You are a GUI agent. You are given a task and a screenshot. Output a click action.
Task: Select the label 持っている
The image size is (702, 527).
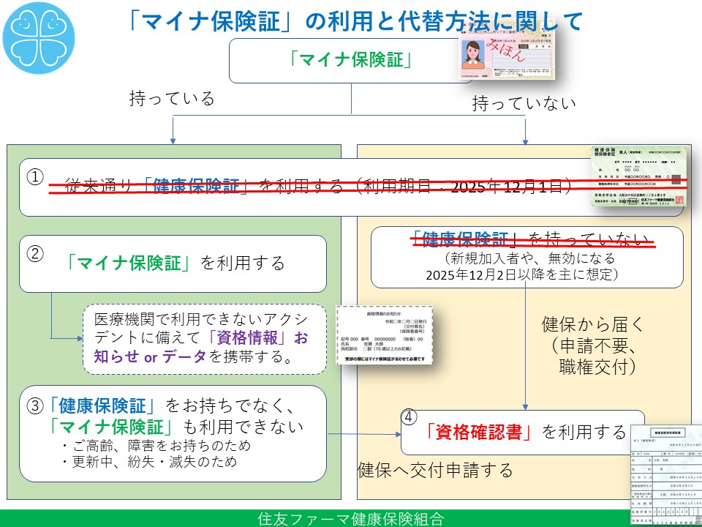(173, 99)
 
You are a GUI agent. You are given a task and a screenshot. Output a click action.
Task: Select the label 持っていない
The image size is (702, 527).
(524, 103)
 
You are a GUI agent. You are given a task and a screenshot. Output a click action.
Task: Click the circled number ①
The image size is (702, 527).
(35, 178)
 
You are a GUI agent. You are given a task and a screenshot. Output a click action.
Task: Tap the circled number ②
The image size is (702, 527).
(35, 253)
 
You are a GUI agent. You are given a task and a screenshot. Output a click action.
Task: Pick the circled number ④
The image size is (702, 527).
(410, 416)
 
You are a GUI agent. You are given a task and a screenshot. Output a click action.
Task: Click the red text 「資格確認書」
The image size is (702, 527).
(480, 432)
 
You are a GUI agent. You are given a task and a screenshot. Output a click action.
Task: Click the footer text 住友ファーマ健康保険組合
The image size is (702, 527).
(351, 519)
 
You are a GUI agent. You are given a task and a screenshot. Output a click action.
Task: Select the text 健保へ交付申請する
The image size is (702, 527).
(434, 469)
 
